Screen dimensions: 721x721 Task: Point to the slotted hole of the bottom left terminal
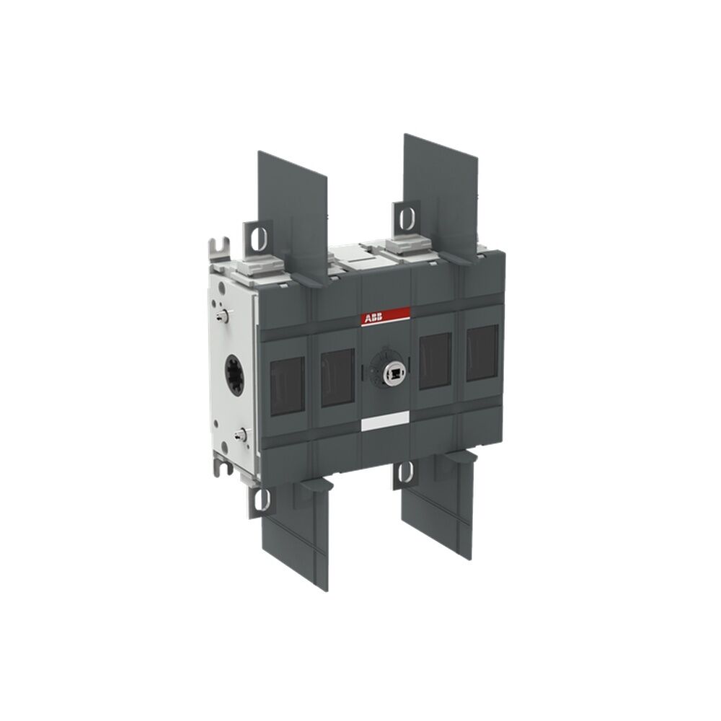click(x=261, y=499)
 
